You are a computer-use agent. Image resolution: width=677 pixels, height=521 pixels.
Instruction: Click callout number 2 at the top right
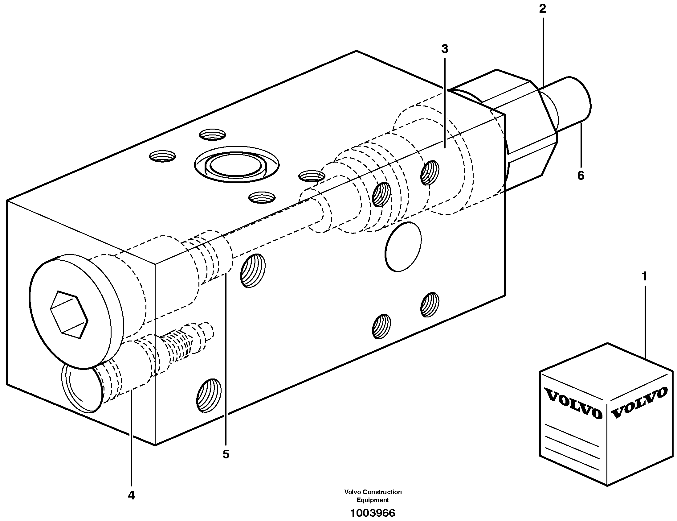click(x=542, y=9)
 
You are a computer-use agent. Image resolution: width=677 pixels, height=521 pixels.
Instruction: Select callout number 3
click(x=445, y=49)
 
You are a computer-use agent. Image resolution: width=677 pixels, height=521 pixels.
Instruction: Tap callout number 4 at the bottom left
click(x=131, y=495)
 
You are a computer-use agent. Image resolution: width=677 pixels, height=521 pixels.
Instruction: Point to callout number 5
click(x=226, y=454)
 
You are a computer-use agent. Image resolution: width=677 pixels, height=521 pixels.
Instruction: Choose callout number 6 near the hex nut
click(x=581, y=176)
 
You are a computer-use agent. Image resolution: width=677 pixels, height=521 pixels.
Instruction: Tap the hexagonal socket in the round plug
click(x=69, y=314)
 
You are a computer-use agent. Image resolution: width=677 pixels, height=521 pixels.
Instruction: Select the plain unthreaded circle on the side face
click(x=403, y=246)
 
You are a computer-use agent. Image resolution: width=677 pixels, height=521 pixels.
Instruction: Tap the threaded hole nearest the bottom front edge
click(x=209, y=395)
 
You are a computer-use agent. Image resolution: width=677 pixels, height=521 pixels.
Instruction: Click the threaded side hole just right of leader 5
click(x=253, y=271)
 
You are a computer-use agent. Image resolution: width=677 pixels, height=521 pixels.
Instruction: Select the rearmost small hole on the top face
click(x=212, y=134)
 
